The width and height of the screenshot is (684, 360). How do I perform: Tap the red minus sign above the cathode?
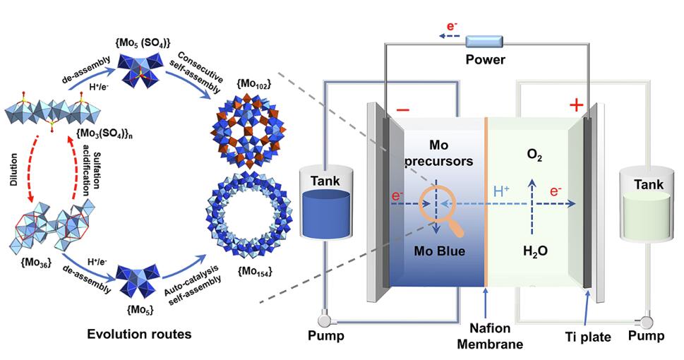point(402,110)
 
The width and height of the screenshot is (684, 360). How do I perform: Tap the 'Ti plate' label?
point(589,337)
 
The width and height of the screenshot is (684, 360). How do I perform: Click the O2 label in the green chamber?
point(533,154)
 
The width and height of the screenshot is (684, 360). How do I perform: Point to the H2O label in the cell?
point(533,251)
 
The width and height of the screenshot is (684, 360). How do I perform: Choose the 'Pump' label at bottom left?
point(325,336)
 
